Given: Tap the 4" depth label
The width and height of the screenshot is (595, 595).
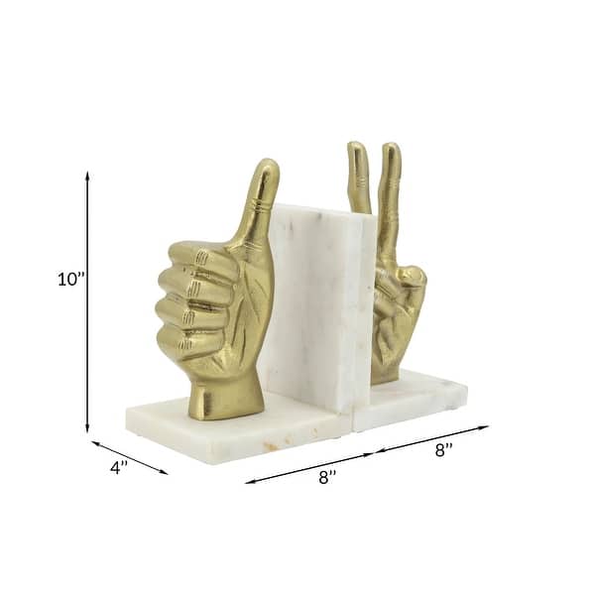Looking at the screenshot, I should click(119, 468).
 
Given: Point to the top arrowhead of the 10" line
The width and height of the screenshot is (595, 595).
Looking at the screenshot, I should click(87, 175).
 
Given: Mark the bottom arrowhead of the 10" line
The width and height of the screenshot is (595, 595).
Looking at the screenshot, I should click(87, 430).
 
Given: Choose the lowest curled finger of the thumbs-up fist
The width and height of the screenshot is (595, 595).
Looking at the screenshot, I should click(188, 342).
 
